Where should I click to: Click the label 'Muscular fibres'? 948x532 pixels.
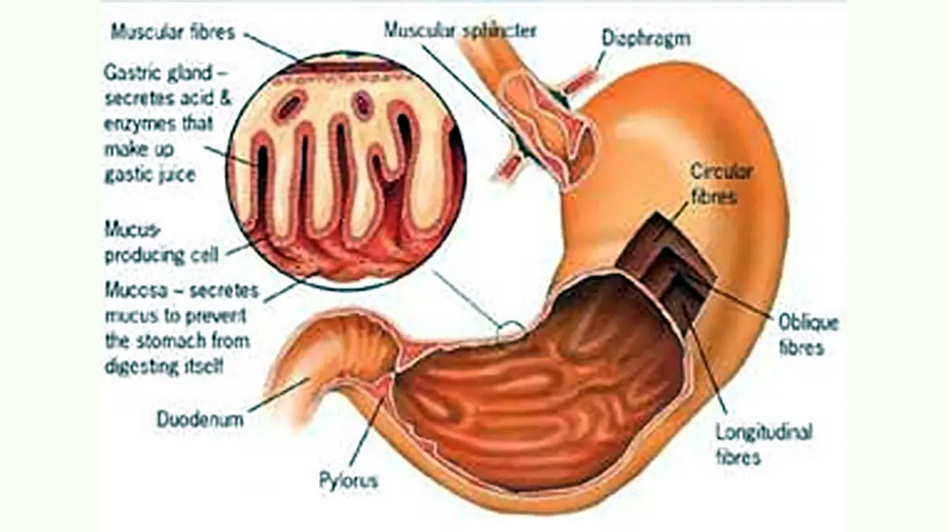pos(174,32)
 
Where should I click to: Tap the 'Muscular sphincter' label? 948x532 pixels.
pos(460,30)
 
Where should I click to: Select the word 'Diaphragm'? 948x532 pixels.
pos(645,37)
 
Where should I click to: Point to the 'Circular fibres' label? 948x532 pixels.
pos(721,183)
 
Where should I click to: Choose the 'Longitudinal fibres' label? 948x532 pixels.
pos(763,444)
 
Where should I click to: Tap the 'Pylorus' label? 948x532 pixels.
pos(348,480)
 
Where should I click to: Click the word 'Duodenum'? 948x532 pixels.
pos(200,419)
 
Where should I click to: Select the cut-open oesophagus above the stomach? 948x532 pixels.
pos(545,119)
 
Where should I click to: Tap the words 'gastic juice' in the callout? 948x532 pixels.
pos(150,175)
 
